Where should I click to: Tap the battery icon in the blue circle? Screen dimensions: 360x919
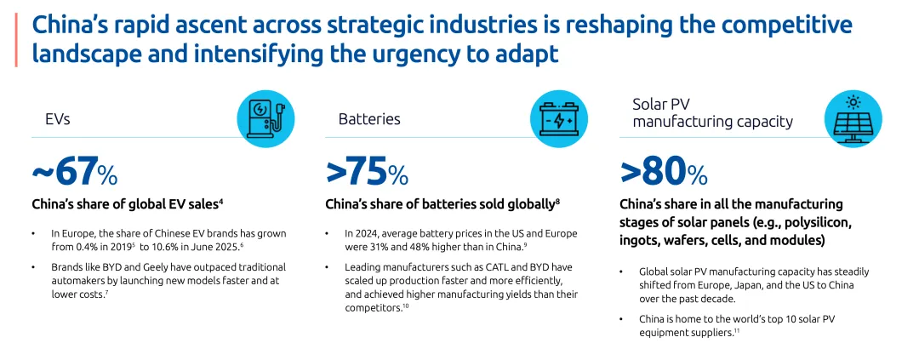click(559, 118)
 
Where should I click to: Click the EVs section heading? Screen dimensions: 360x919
click(57, 119)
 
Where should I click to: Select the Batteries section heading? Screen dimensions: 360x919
click(369, 119)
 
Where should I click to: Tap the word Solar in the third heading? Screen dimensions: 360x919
click(649, 104)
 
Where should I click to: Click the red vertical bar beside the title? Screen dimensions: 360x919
click(15, 39)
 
